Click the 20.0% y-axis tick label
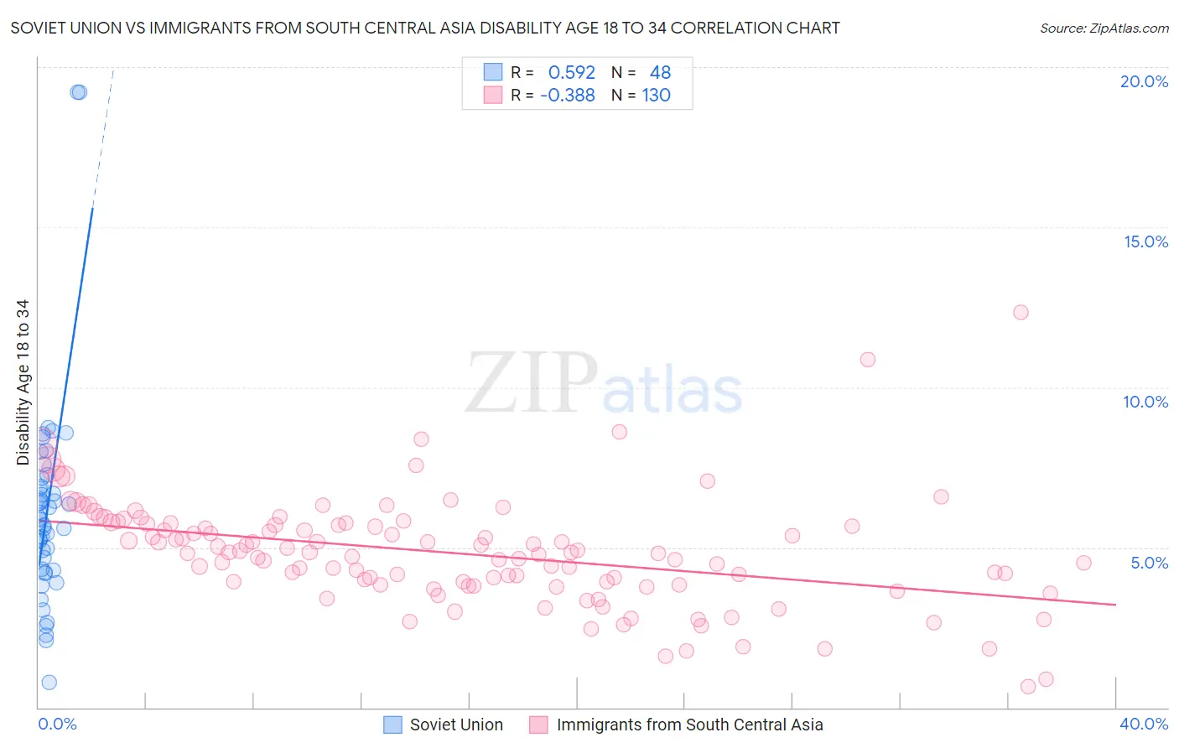coord(1144,81)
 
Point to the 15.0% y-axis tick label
coord(1145,242)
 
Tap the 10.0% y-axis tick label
coord(1145,402)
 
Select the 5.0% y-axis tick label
coord(1149,563)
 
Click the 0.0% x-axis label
coord(57,724)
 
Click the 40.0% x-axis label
coord(1144,724)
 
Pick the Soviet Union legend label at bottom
coord(456,725)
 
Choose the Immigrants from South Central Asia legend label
coord(689,725)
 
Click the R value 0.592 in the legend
coord(571,73)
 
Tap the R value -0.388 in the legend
coord(568,96)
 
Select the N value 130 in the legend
coord(656,96)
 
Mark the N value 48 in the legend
coord(660,73)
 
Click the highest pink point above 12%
coord(1021,312)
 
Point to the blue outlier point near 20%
coord(78,92)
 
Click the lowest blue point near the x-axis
coord(49,683)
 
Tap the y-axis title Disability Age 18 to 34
coord(23,382)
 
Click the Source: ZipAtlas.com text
coord(1104,29)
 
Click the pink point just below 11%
coord(868,359)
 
